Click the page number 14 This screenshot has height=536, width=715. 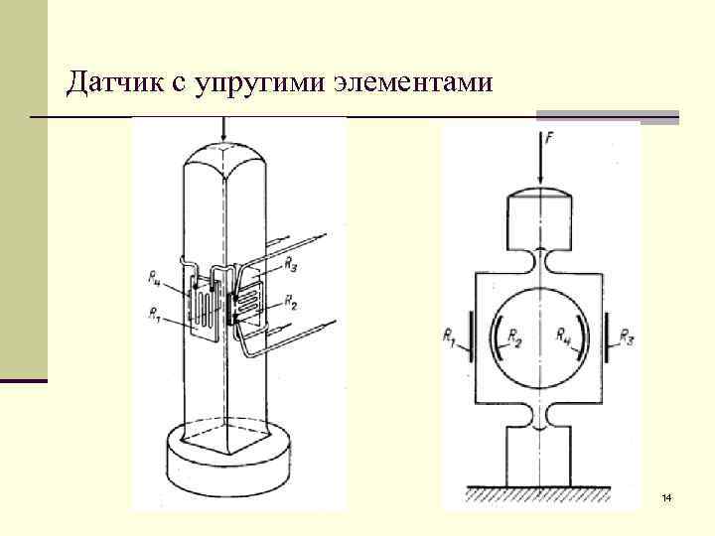666,496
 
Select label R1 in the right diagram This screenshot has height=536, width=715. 450,337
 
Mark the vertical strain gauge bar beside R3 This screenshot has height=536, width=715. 605,338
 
